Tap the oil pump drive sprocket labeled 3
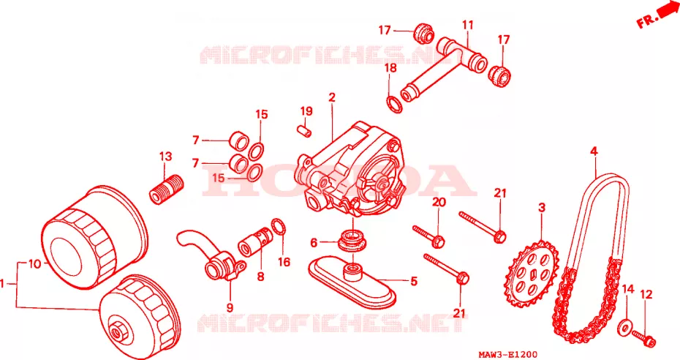[x=532, y=275]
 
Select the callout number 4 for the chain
[x=594, y=151]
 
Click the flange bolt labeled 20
[x=428, y=236]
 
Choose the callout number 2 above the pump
[x=332, y=97]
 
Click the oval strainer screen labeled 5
[x=352, y=282]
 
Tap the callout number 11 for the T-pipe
[x=467, y=25]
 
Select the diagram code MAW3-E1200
[x=508, y=355]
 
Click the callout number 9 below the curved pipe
[x=230, y=307]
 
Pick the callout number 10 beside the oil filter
[x=34, y=263]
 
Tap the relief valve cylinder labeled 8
[x=256, y=242]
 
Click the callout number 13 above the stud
[x=166, y=156]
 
